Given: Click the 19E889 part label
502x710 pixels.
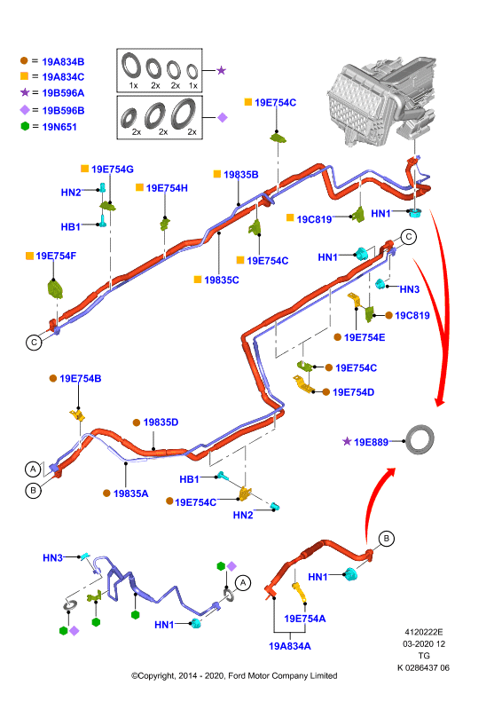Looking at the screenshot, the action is (x=371, y=442).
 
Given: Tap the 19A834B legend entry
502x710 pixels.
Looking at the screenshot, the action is (x=63, y=61).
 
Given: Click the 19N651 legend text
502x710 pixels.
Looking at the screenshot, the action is (x=59, y=127).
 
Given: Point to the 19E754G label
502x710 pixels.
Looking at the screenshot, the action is (x=113, y=169).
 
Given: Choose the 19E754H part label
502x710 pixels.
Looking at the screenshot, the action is (x=167, y=188).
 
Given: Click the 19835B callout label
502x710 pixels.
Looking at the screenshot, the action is (x=241, y=174).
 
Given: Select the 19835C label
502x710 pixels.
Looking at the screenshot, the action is (x=222, y=280).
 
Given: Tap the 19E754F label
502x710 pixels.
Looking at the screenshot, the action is (x=56, y=256).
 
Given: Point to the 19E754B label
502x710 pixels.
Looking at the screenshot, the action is (x=80, y=379).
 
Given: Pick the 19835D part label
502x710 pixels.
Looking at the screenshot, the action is (x=161, y=422).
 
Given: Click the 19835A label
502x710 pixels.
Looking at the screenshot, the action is (x=130, y=493).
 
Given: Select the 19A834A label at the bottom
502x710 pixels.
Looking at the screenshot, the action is (x=290, y=646).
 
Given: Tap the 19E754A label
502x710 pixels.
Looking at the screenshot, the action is (x=304, y=619).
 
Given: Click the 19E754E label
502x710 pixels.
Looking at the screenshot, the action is (x=365, y=337).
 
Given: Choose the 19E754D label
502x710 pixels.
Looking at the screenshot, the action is (x=353, y=392).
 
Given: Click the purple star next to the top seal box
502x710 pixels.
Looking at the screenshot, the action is (x=221, y=70).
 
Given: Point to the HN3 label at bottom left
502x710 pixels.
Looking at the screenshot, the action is (x=52, y=558).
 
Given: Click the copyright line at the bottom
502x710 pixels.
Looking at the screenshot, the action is (x=234, y=675).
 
